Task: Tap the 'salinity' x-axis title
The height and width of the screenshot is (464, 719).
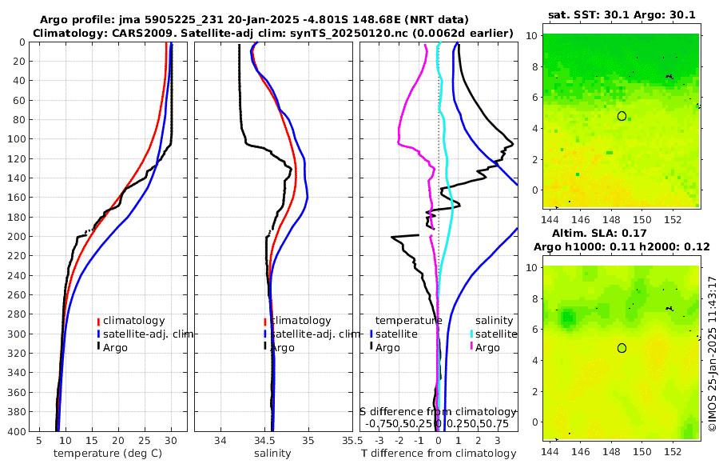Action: [x=272, y=454]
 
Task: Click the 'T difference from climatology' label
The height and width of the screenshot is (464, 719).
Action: [x=439, y=454]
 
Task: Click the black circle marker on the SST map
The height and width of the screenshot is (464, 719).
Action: [x=622, y=116]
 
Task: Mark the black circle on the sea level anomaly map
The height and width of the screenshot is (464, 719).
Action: [x=622, y=348]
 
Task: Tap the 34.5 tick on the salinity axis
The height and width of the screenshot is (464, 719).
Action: [x=272, y=440]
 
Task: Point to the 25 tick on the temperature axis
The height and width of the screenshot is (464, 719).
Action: [x=145, y=440]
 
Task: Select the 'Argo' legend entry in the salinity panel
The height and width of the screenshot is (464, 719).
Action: [x=283, y=347]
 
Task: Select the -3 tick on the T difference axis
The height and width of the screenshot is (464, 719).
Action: [x=378, y=440]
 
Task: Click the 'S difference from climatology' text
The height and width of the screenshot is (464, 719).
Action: [x=439, y=411]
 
